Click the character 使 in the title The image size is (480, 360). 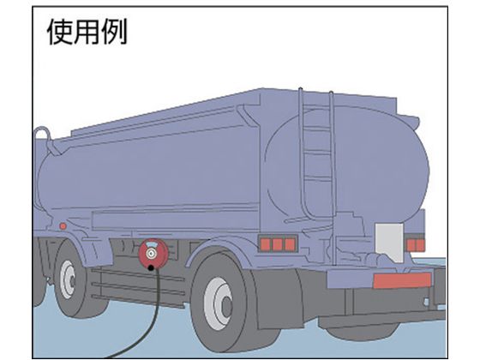point(60,32)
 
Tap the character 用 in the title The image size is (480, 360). point(87,32)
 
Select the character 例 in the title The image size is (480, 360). point(114,32)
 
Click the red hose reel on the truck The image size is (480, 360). point(153,252)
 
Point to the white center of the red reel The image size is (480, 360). point(151,253)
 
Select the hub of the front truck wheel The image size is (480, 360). point(68,279)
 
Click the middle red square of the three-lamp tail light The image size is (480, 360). point(278,244)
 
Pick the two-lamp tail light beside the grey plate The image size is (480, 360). point(416,245)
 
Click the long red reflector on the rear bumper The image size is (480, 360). point(402,281)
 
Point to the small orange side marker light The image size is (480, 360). point(63,226)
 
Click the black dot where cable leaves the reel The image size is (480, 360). point(151,268)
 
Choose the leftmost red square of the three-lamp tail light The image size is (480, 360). point(265,244)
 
